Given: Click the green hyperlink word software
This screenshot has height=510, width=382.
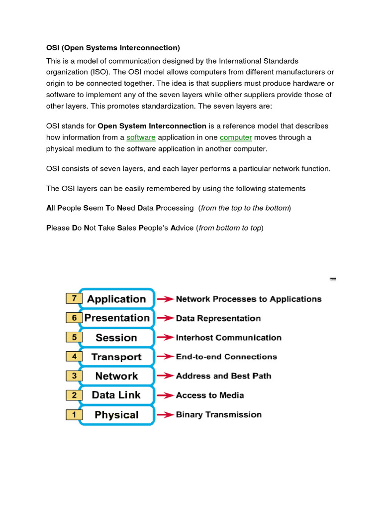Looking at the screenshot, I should point(141,137).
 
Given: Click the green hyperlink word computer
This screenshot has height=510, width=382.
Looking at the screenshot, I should point(236,137).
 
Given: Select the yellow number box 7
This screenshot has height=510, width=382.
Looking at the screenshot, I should point(74,298).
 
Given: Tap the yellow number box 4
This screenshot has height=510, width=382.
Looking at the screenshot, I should point(74,357).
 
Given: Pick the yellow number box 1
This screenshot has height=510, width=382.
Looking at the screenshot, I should point(74,414).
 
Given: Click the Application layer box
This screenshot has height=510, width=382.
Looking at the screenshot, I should point(117,299).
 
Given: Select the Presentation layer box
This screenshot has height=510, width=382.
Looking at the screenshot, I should point(117,318).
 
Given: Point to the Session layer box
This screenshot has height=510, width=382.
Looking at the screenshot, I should point(117,337).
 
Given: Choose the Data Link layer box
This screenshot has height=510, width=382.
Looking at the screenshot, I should point(117,395).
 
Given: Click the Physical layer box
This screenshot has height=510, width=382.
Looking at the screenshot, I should point(117,414).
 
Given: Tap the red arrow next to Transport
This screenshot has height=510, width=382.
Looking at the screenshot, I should point(165,357).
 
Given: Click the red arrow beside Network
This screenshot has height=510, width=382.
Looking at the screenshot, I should point(165,376).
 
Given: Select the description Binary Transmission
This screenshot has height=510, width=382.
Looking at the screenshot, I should point(218,414).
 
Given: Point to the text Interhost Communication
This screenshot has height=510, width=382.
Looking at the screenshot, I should point(228,338).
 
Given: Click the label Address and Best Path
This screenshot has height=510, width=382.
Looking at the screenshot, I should point(223,376).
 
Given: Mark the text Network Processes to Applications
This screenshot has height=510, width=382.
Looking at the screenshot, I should point(248,299).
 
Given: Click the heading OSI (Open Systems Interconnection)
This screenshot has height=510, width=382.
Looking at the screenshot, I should point(113,48).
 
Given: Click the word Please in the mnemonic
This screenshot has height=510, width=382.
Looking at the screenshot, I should point(58,228).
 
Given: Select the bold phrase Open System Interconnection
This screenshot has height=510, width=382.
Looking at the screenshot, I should point(152,126).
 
